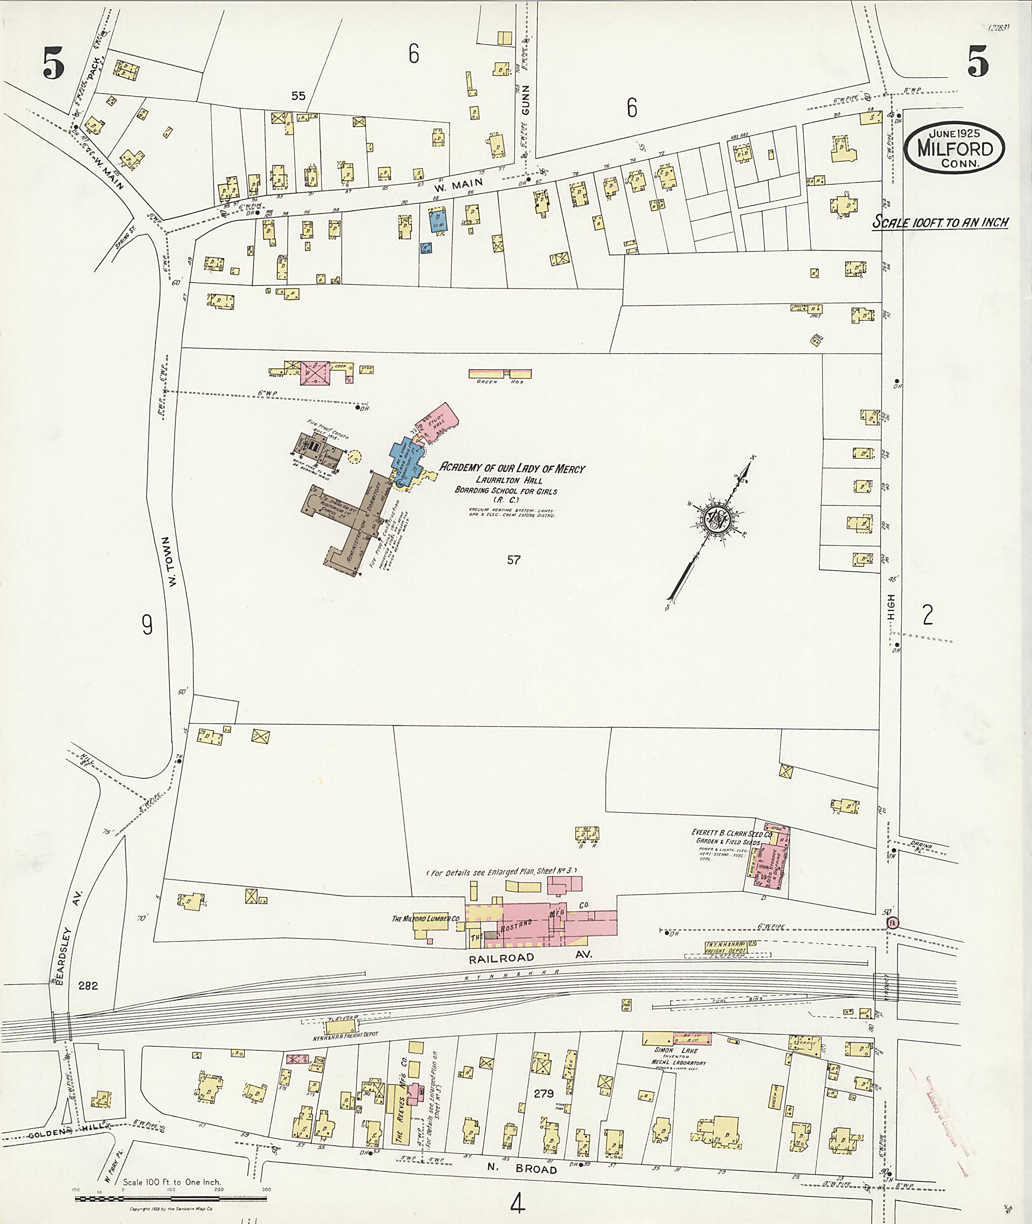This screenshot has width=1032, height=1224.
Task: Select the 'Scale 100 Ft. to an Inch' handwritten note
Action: (941, 222)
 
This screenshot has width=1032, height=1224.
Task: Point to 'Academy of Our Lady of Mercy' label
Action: (512, 468)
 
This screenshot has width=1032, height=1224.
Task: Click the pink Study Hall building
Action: (437, 421)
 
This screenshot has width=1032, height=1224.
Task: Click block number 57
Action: (513, 560)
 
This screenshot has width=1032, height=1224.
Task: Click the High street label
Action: (891, 607)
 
